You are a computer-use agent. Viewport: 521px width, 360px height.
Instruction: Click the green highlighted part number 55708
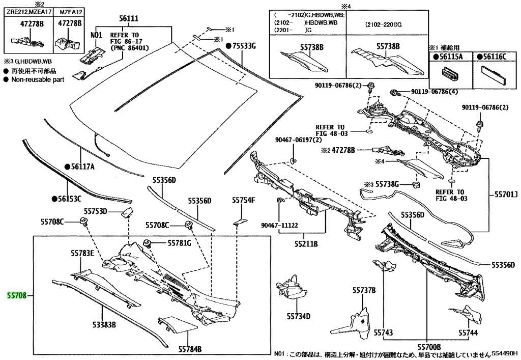[x=17, y=295]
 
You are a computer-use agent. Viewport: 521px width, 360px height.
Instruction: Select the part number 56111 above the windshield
[x=129, y=19]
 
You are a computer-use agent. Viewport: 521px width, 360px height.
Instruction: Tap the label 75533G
[x=244, y=46]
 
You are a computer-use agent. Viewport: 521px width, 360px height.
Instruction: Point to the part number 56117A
[x=82, y=166]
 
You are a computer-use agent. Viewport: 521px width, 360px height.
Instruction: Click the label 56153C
[x=69, y=199]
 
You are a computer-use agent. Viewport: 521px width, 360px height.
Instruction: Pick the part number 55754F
[x=243, y=200]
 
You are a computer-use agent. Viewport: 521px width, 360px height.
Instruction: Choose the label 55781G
[x=179, y=243]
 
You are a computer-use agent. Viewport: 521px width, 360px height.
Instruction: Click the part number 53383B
[x=104, y=324]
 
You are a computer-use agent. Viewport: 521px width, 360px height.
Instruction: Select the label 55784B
[x=190, y=349]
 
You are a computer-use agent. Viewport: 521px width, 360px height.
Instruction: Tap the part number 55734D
[x=298, y=316]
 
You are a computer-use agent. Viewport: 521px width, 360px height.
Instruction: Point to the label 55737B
[x=364, y=291]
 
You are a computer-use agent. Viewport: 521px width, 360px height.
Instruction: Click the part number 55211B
[x=306, y=244]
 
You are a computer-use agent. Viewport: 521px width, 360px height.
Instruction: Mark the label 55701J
[x=506, y=194]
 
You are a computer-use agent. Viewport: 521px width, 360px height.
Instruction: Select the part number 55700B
[x=429, y=347]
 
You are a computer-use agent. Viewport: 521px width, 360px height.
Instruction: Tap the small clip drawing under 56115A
[x=450, y=74]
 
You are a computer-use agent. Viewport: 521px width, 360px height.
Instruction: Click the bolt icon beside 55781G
[x=147, y=243]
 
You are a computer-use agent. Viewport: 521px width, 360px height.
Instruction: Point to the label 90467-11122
[x=279, y=226]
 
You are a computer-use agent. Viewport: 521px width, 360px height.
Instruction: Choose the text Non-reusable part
[x=38, y=80]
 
